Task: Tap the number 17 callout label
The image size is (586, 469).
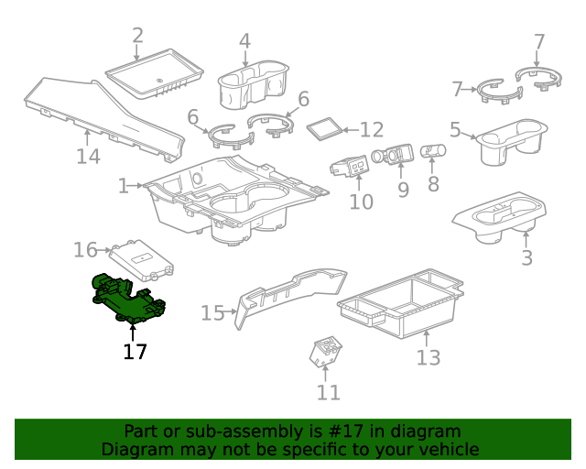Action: pyautogui.click(x=135, y=352)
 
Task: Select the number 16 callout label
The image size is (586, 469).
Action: pyautogui.click(x=85, y=250)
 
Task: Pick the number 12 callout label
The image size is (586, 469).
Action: pyautogui.click(x=371, y=130)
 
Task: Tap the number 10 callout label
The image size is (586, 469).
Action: pyautogui.click(x=362, y=202)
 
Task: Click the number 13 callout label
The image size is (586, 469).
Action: pyautogui.click(x=429, y=357)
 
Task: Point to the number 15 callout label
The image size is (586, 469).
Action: pyautogui.click(x=212, y=313)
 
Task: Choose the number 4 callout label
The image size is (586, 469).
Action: pyautogui.click(x=244, y=41)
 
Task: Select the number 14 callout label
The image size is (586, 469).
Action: pyautogui.click(x=88, y=157)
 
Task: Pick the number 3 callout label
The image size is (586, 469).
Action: pyautogui.click(x=526, y=258)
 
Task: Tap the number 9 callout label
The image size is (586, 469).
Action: pyautogui.click(x=402, y=190)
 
